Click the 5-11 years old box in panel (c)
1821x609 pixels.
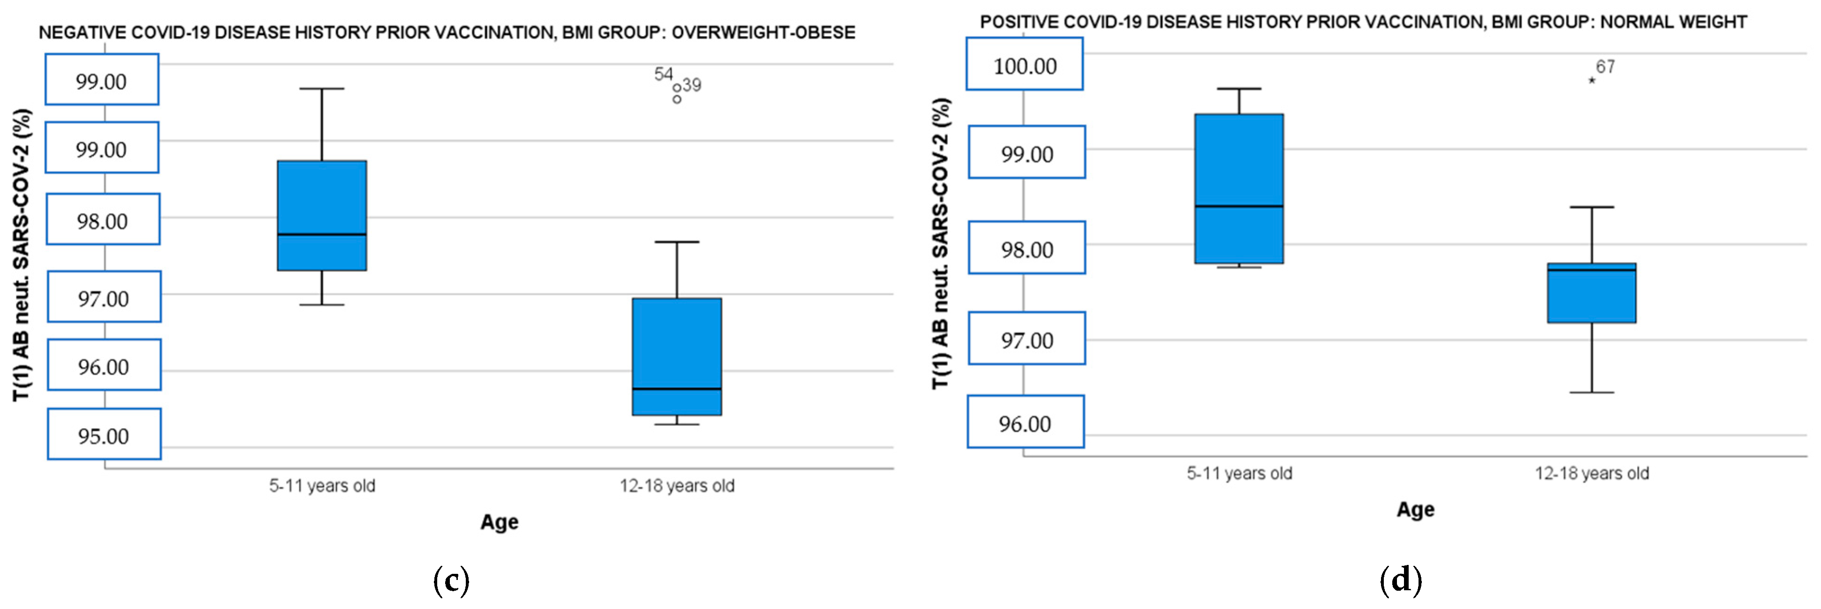pos(322,216)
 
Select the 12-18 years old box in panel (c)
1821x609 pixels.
pos(676,356)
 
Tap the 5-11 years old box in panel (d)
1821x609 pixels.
pos(1238,188)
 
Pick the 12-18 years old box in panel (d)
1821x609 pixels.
pos(1591,293)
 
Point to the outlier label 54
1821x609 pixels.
pos(663,74)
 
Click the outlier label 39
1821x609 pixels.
pos(692,85)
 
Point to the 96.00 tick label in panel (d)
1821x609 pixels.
pos(1024,423)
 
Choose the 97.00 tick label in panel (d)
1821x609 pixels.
pos(1026,340)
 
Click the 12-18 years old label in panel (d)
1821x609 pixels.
pos(1591,474)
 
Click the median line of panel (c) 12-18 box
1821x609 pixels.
pos(676,389)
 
